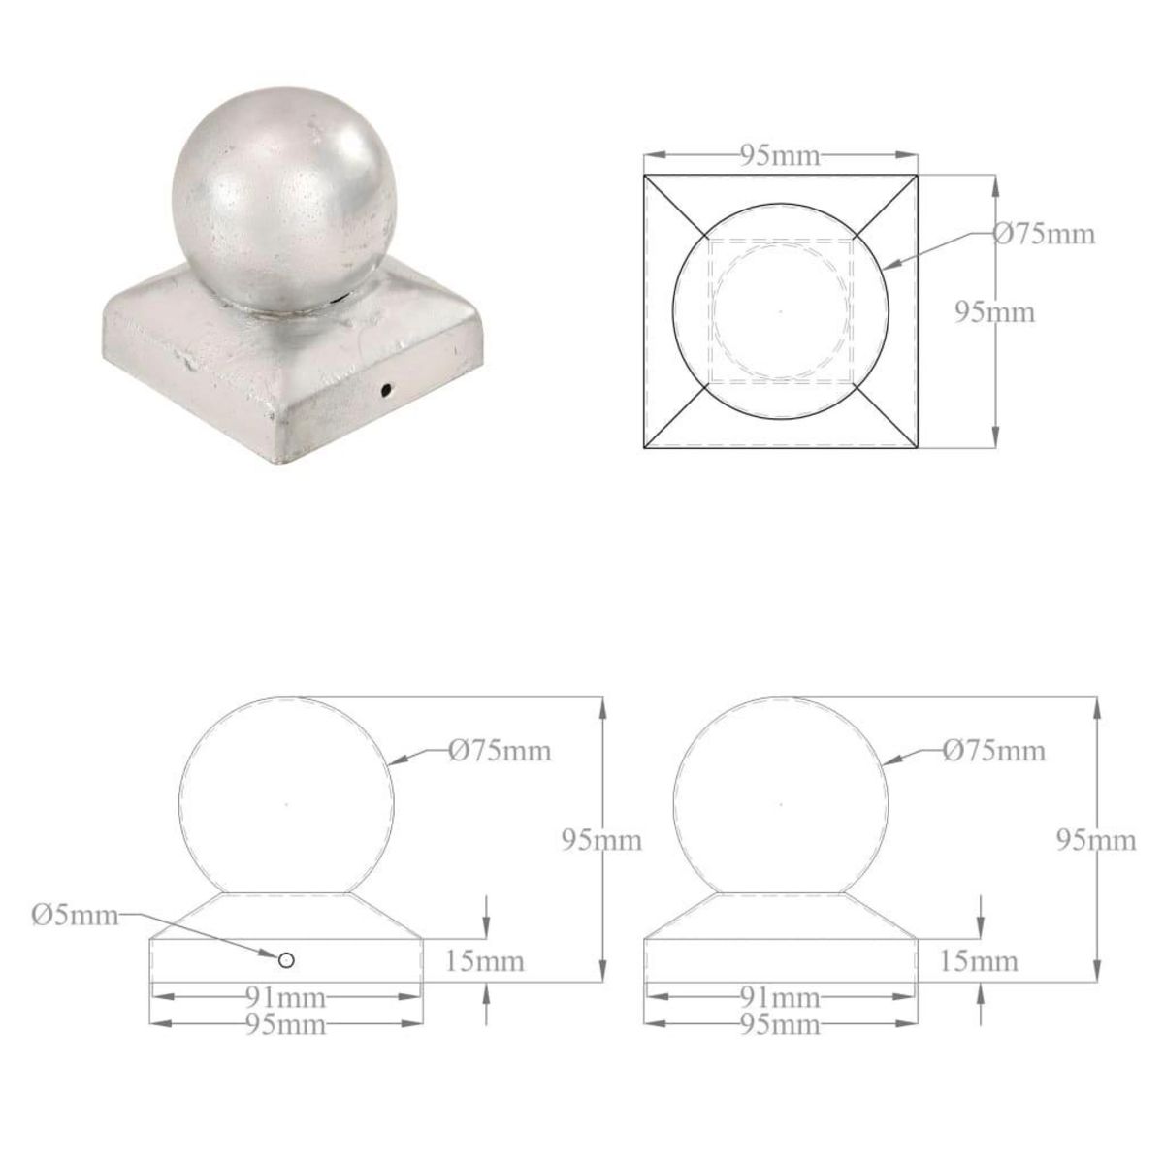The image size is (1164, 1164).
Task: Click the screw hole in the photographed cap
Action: point(387,390)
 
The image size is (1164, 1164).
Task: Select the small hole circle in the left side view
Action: point(286,959)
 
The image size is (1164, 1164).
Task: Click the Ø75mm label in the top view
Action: point(1045,234)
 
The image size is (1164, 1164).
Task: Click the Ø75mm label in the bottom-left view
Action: point(500,750)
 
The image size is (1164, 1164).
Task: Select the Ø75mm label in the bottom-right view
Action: point(994,750)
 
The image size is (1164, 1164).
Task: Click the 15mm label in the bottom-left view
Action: point(485,961)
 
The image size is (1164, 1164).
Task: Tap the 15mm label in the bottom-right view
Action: point(980,961)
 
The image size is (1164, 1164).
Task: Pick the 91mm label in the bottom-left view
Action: point(286,997)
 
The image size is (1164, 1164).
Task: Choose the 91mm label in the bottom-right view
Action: point(781,997)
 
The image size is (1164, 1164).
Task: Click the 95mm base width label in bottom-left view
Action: point(286,1024)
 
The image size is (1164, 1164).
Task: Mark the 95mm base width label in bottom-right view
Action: point(781,1024)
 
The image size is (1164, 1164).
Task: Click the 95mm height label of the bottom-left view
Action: point(602,840)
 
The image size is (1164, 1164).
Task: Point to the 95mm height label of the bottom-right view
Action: point(1097,840)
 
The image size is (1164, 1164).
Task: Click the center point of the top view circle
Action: point(781,311)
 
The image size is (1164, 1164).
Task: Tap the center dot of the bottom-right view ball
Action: point(781,803)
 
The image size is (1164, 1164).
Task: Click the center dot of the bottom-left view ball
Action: point(286,803)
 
